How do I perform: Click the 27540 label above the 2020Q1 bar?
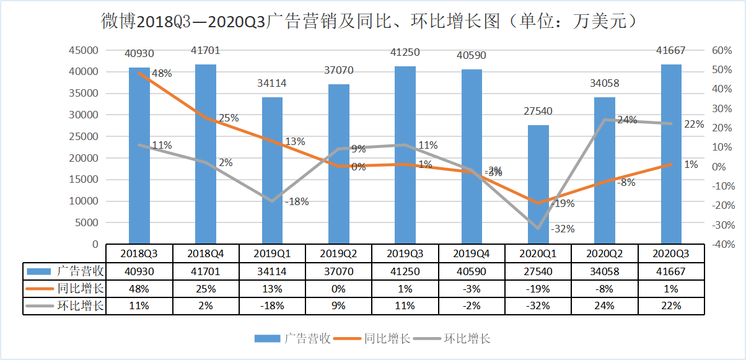click(538, 112)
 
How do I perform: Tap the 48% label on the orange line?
click(162, 74)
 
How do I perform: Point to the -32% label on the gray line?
click(563, 229)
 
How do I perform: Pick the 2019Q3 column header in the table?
click(405, 253)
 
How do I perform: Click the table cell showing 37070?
click(339, 271)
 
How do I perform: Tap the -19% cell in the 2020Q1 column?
click(538, 289)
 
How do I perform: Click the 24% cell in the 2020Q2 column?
click(604, 305)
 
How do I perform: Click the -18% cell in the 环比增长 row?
click(272, 305)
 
